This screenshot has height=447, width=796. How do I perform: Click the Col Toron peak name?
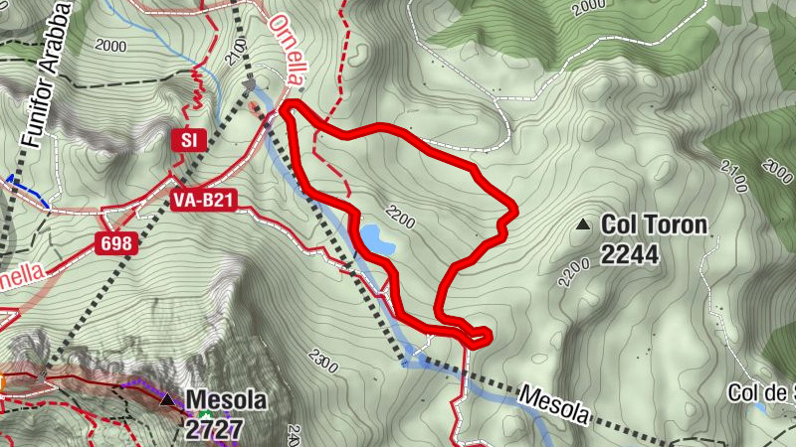[x=654, y=225]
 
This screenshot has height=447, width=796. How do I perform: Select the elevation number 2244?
[x=629, y=254]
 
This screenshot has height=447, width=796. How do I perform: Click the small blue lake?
[x=377, y=238]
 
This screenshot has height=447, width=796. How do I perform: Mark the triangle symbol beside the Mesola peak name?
[x=168, y=400]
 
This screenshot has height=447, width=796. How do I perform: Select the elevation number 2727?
[x=215, y=427]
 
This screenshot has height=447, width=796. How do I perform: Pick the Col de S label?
[x=761, y=393]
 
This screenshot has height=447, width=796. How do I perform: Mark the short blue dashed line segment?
[x=27, y=191]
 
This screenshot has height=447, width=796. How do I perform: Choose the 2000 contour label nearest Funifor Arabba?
[x=111, y=46]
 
